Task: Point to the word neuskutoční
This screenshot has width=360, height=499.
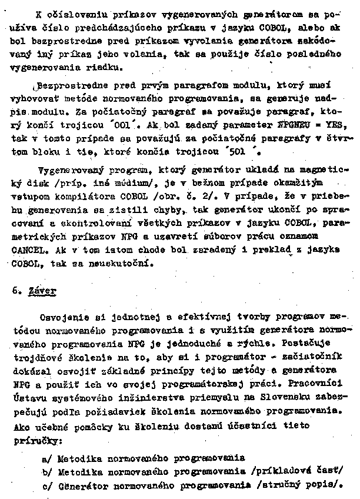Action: [128, 263]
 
